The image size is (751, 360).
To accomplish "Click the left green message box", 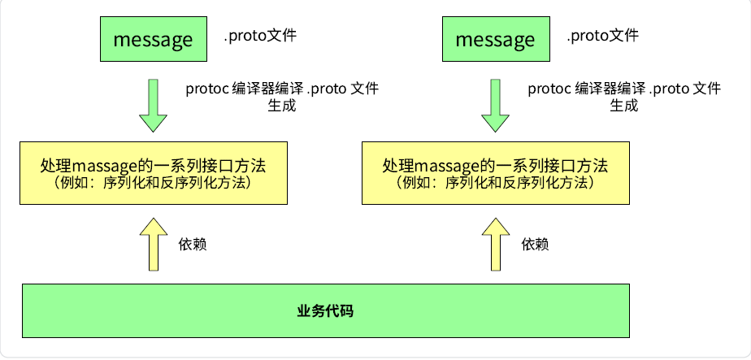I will [x=154, y=39].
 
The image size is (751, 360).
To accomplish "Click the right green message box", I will [x=495, y=39].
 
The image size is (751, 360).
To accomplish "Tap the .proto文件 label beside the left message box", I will [x=261, y=36].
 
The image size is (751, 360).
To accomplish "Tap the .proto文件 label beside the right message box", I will [x=602, y=36].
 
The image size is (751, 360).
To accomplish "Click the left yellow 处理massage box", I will [x=154, y=172].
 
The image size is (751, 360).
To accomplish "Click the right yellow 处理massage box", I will [x=495, y=172].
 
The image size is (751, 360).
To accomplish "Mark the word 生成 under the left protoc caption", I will [x=281, y=106].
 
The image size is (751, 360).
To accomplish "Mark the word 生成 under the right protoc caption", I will [x=623, y=106].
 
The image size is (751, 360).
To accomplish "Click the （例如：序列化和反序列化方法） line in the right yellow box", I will [x=495, y=183].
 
